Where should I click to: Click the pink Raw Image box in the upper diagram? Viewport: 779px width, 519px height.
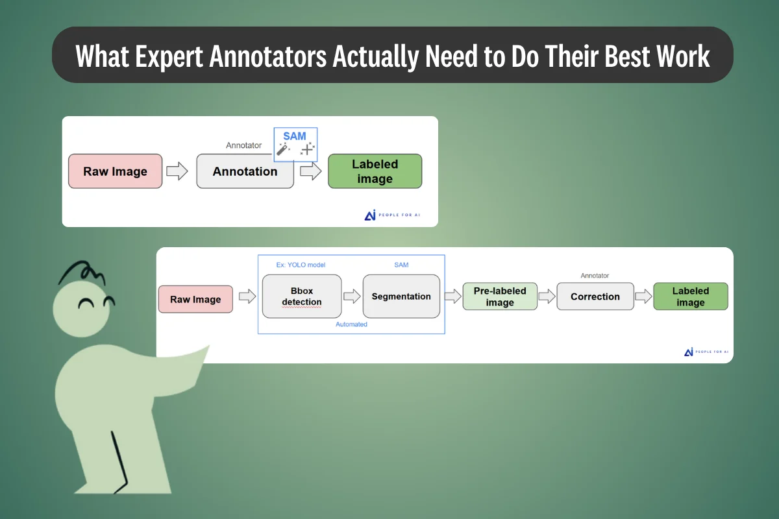[115, 171]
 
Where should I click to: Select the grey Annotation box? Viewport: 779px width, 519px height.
[245, 171]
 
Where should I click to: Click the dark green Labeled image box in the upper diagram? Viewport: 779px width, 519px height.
[375, 171]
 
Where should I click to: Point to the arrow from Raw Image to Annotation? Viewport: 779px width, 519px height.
[177, 171]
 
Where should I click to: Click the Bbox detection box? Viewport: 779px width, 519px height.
[302, 296]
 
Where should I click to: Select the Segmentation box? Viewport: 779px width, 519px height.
[401, 296]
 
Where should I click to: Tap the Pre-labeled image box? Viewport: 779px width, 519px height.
[500, 296]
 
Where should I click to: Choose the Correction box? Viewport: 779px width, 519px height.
[595, 296]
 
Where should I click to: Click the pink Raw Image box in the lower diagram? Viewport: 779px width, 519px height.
[195, 299]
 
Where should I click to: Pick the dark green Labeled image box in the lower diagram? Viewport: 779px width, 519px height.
[691, 296]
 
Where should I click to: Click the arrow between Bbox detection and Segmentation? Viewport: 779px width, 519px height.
[352, 296]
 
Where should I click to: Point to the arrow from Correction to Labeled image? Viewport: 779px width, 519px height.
[644, 296]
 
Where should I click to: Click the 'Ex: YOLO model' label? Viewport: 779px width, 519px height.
[296, 265]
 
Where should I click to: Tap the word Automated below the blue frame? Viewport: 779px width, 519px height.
[351, 324]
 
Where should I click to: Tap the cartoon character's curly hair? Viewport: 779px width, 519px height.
[81, 272]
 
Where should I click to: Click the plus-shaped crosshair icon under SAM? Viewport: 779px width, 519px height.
[306, 149]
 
